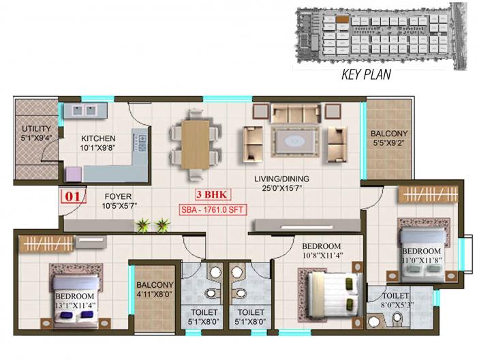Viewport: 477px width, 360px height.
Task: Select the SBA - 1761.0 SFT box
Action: click(x=213, y=210)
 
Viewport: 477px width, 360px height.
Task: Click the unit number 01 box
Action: click(x=72, y=198)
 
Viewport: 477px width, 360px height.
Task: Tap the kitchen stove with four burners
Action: click(x=143, y=142)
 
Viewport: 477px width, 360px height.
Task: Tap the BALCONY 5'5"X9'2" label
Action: click(x=389, y=138)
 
